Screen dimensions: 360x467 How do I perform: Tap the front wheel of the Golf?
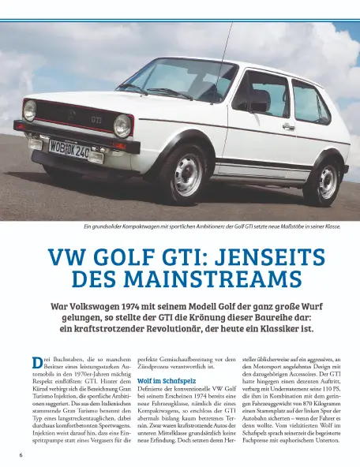coord(187,174)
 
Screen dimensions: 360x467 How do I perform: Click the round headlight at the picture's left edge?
coord(30,110)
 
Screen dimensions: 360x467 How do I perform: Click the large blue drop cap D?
coord(36,363)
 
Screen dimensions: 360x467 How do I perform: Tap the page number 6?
coord(21,456)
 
